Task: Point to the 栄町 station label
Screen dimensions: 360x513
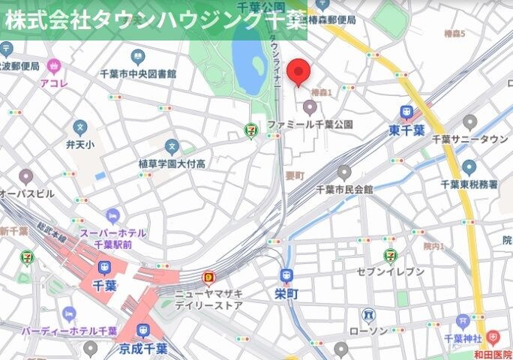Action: click(286, 294)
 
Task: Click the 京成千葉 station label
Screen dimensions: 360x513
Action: click(142, 349)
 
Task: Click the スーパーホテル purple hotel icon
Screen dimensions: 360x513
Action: click(112, 217)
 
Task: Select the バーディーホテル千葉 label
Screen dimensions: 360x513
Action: click(69, 330)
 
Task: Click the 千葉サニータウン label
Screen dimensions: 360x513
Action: click(470, 139)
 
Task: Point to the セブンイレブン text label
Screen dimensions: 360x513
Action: click(389, 271)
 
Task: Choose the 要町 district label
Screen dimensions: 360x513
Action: click(294, 175)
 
